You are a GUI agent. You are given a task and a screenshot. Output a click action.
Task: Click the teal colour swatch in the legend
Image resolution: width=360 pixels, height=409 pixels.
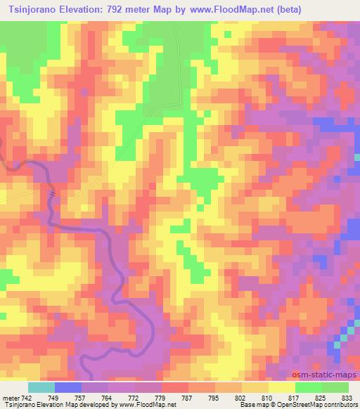(41, 387)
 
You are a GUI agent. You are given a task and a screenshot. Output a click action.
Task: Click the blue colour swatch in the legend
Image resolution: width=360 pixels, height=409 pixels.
(67, 387)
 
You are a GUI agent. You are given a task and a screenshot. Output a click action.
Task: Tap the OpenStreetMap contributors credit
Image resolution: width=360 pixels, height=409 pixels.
(318, 404)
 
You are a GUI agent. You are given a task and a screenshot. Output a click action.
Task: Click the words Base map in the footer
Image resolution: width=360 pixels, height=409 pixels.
(247, 404)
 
